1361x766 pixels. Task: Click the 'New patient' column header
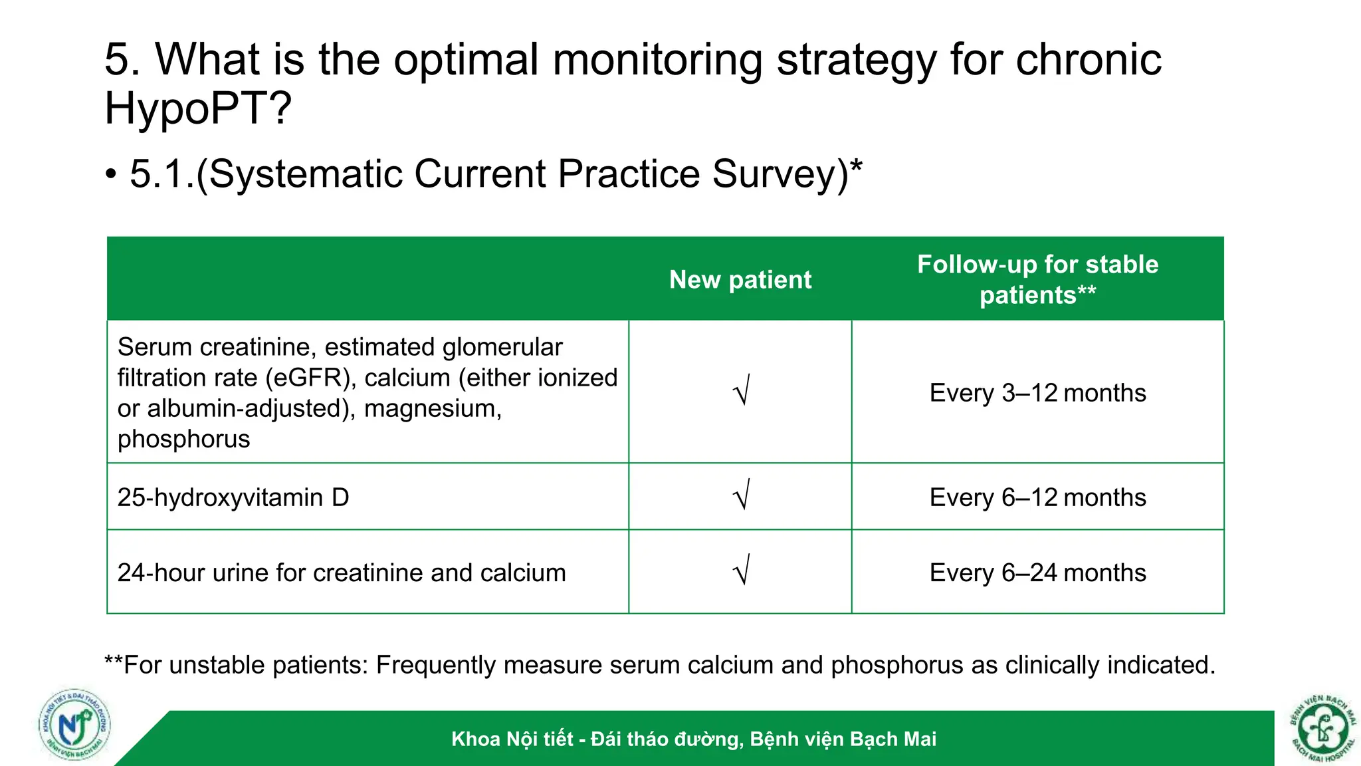click(x=740, y=280)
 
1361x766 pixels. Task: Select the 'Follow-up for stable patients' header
click(x=1037, y=279)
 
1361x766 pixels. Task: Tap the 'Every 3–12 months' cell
click(x=1037, y=393)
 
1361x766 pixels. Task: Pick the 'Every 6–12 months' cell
click(x=1037, y=497)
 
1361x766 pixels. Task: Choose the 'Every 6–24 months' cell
click(x=1037, y=573)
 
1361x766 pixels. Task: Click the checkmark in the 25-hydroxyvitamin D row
click(x=742, y=495)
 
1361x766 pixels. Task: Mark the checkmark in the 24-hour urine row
click(x=742, y=570)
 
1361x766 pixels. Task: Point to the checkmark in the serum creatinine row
click(x=742, y=390)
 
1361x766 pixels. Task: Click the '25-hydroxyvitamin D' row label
click(x=233, y=497)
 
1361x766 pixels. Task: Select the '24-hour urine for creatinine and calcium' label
click(x=342, y=573)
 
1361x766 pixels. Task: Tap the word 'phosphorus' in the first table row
click(x=183, y=439)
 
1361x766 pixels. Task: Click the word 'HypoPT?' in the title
click(x=198, y=108)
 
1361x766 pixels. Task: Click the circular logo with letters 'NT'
click(x=74, y=725)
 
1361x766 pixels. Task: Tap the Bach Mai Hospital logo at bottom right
click(x=1323, y=729)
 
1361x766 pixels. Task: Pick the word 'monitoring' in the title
click(x=657, y=60)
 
